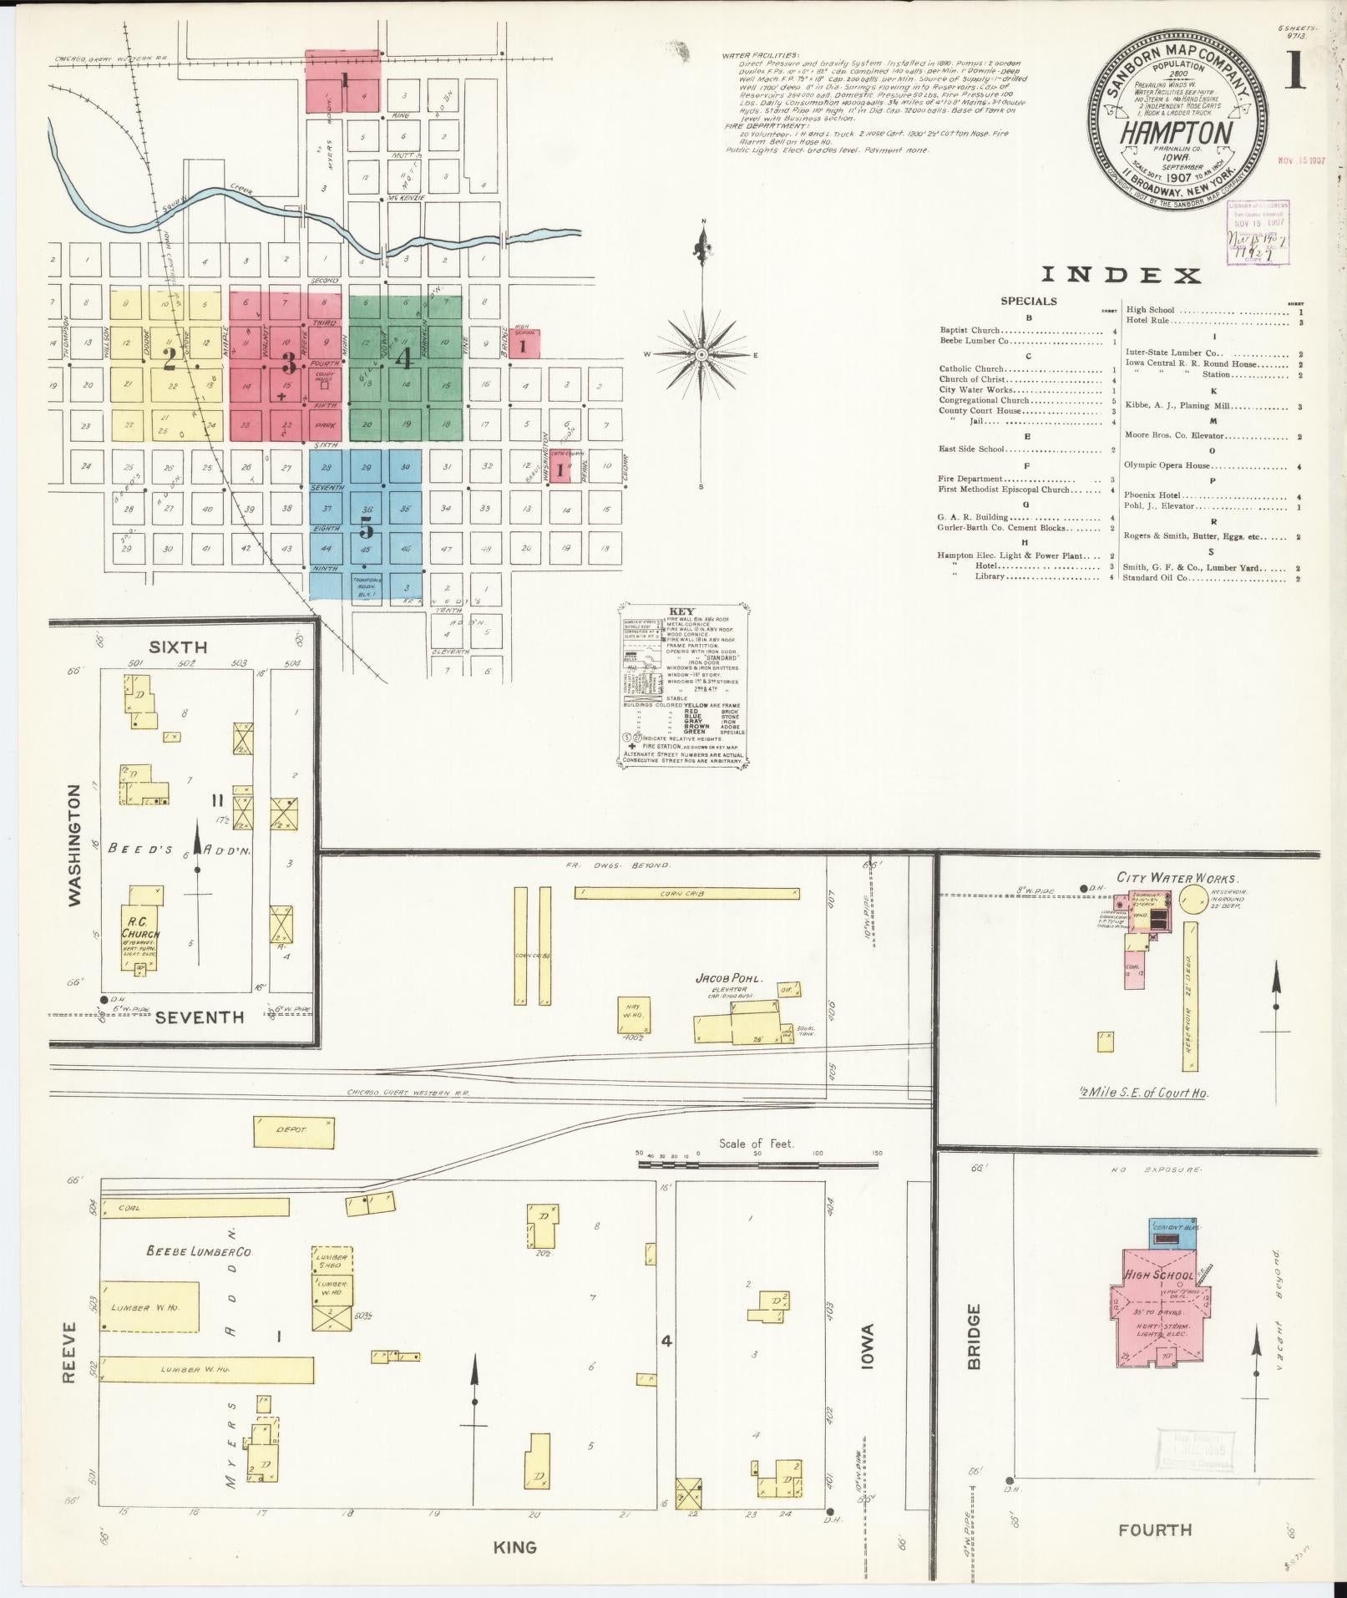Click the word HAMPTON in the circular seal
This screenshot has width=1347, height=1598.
click(x=1176, y=134)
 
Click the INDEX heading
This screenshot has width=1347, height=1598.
click(x=1121, y=275)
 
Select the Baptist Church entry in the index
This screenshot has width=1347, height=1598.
click(x=970, y=330)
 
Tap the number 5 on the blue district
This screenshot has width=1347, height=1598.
click(x=365, y=529)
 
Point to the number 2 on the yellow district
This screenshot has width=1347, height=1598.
click(x=169, y=359)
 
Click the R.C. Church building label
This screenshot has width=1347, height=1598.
click(x=140, y=928)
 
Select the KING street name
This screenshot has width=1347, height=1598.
click(x=514, y=1548)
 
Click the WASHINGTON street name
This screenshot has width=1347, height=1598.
click(x=75, y=845)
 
